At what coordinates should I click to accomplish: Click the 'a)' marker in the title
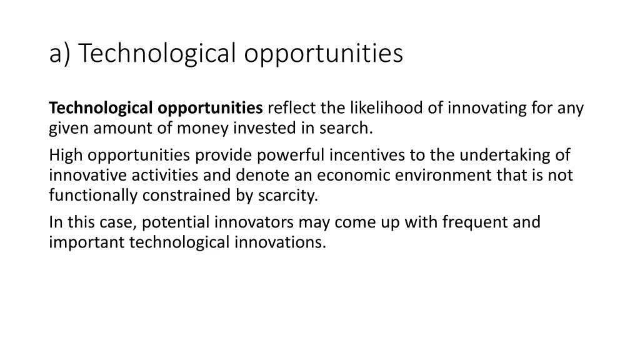[61, 54]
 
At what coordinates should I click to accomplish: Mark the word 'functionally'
[93, 196]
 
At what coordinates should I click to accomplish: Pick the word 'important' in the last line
[87, 242]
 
